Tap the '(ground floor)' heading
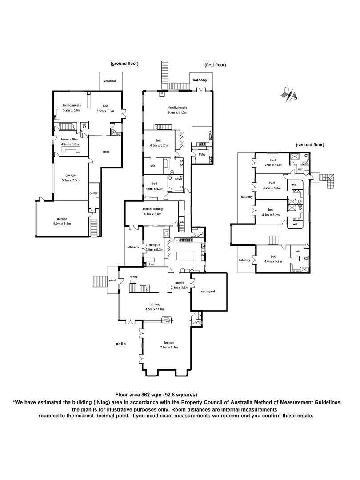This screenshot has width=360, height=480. (x=124, y=64)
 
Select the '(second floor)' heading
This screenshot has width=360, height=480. (x=310, y=145)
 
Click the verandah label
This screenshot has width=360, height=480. (x=110, y=81)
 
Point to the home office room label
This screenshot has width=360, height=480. (x=70, y=139)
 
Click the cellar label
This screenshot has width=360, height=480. (x=93, y=193)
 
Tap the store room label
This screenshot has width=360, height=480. (x=106, y=152)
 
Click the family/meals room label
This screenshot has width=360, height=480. (x=177, y=108)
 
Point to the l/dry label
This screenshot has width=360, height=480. (x=202, y=154)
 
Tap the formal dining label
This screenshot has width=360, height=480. (x=152, y=209)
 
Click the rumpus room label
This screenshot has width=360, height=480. (x=154, y=244)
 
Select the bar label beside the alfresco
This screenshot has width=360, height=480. (x=152, y=264)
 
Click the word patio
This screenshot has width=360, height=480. (x=120, y=344)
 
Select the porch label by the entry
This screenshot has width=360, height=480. (x=112, y=280)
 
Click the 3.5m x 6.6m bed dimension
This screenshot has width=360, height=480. (x=273, y=165)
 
